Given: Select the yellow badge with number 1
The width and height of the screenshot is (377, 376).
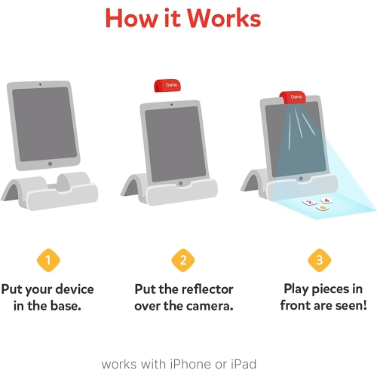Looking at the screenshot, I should [x=49, y=261].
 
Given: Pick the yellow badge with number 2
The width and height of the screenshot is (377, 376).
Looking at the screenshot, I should [x=183, y=261].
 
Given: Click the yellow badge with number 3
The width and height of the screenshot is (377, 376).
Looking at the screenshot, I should [x=319, y=261].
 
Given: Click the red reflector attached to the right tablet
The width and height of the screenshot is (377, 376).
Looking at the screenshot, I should [x=296, y=99].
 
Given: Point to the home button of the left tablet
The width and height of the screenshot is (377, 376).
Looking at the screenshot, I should [x=50, y=163].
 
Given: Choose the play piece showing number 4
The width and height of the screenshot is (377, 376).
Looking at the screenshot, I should [x=326, y=200].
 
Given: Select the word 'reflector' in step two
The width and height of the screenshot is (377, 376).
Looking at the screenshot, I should [x=207, y=289].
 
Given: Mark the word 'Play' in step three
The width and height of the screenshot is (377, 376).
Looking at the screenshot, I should [x=299, y=289].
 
